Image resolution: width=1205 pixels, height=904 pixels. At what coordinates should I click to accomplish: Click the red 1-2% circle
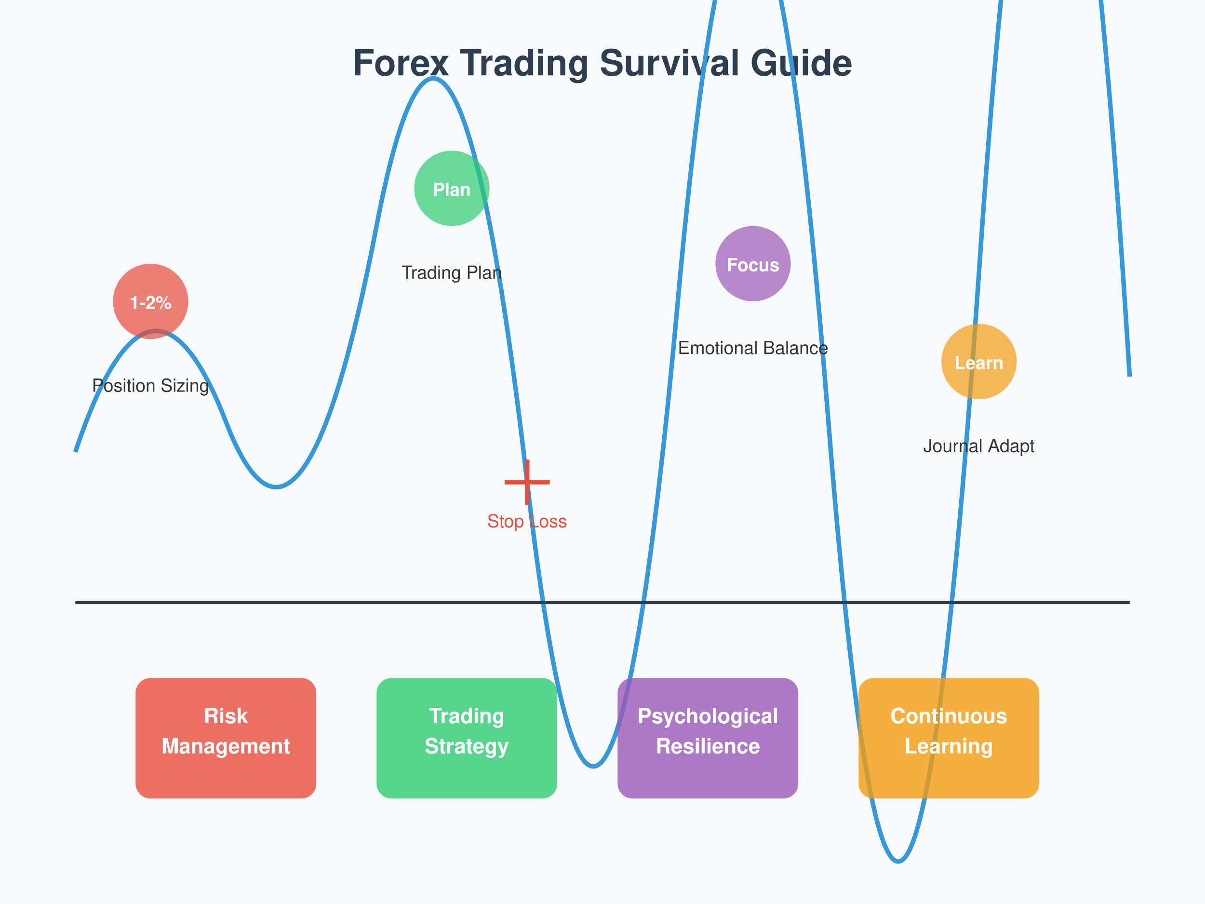[150, 301]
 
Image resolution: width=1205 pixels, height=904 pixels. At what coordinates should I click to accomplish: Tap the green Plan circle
[452, 189]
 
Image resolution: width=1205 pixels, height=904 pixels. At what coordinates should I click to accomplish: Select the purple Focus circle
[753, 264]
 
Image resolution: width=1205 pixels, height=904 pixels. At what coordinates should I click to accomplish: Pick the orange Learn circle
[979, 362]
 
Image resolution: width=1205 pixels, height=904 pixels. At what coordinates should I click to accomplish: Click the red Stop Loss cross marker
[527, 482]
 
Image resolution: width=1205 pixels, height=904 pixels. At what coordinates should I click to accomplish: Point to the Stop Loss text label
[527, 522]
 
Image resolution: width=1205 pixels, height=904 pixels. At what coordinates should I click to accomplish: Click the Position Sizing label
[150, 386]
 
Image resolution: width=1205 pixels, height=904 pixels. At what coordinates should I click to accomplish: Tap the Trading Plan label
[452, 272]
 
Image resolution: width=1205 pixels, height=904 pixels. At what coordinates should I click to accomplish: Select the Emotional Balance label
[753, 348]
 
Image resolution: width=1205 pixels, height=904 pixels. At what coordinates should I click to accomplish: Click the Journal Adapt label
[978, 446]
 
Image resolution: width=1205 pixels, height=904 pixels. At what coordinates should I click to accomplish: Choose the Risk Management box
[226, 738]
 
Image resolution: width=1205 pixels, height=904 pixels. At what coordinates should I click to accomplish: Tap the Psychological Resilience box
[708, 738]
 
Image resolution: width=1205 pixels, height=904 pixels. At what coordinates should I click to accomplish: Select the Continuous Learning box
[949, 738]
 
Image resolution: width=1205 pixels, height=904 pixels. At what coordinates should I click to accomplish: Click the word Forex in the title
[401, 63]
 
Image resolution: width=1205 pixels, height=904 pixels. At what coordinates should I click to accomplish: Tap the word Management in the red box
[226, 746]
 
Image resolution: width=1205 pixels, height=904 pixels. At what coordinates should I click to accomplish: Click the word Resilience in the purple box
[708, 746]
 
